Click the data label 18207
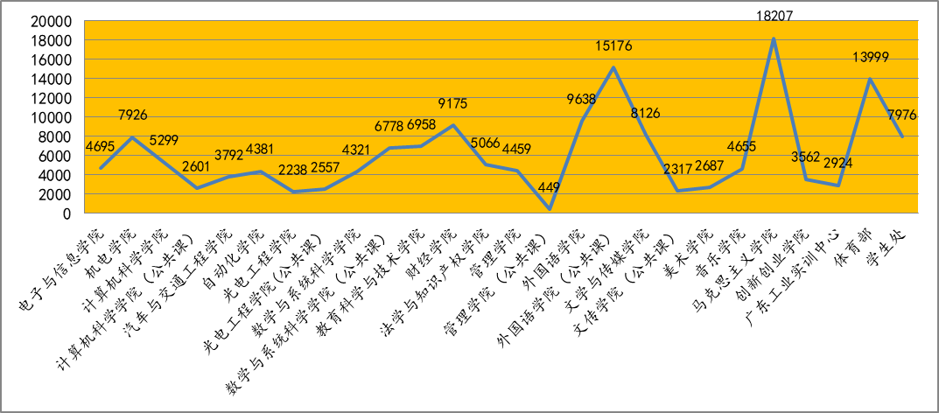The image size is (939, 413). click(772, 15)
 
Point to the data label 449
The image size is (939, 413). click(550, 187)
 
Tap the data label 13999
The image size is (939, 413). click(869, 57)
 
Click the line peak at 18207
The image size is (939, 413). click(773, 38)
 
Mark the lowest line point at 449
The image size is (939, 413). click(550, 209)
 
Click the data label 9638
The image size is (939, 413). click(581, 99)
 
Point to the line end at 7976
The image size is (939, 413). click(901, 136)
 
